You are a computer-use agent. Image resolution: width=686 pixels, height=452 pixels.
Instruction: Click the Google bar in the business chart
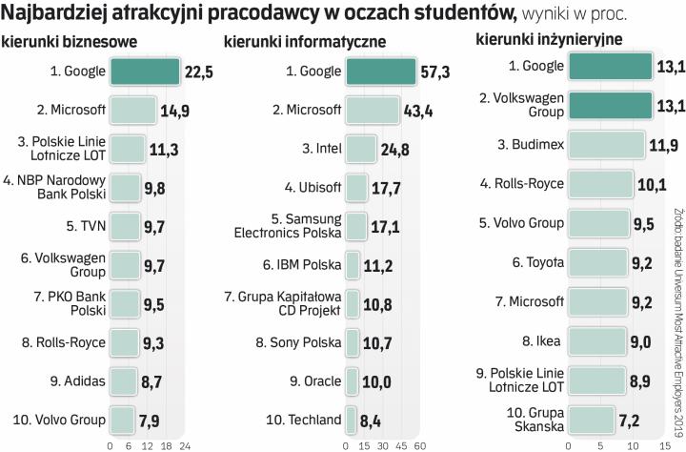(x=145, y=71)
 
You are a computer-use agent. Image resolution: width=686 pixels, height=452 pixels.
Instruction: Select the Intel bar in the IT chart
(x=359, y=149)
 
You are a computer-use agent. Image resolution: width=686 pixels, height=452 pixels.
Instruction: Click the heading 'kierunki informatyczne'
(x=305, y=42)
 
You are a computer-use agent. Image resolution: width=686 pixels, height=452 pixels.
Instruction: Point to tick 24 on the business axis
(x=186, y=443)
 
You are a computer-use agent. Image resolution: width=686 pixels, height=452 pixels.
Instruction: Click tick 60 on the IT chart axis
(x=419, y=443)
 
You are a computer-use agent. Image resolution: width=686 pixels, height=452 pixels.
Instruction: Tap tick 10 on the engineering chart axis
(x=626, y=443)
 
